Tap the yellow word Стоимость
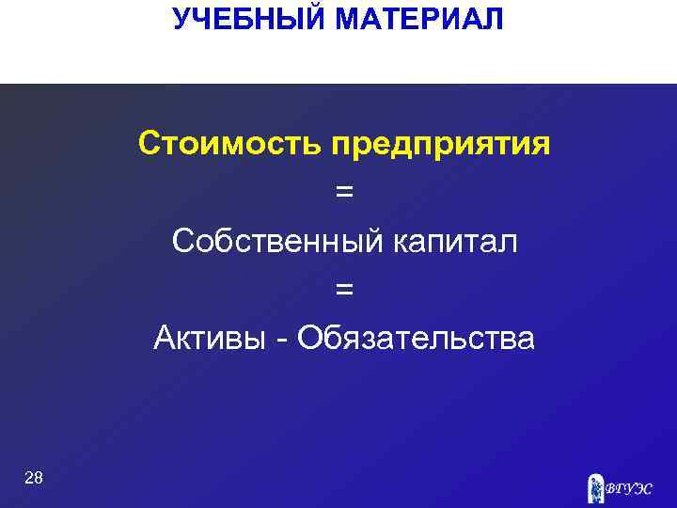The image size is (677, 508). (x=230, y=145)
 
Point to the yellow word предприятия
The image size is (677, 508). (x=441, y=147)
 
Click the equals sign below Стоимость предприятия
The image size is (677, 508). (x=345, y=193)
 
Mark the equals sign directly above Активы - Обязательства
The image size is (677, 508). (x=345, y=290)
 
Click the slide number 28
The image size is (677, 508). (x=33, y=478)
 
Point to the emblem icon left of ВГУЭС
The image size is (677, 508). (x=594, y=486)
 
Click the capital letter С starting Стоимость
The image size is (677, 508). (x=149, y=145)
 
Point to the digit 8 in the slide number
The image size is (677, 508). (x=38, y=478)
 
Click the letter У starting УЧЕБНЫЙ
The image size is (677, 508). (x=181, y=18)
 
